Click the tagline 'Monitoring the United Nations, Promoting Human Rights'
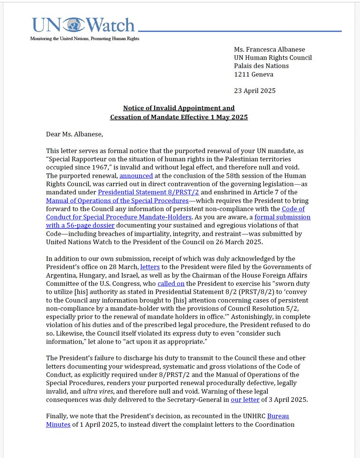(85, 39)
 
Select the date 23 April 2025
(255, 91)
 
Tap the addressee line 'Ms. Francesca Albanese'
(269, 49)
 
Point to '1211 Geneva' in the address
(254, 74)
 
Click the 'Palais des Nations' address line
(261, 66)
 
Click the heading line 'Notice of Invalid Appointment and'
(179, 108)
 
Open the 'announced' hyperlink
(136, 176)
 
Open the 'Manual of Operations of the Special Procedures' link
(117, 201)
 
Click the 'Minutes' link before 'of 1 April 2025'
(58, 424)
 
